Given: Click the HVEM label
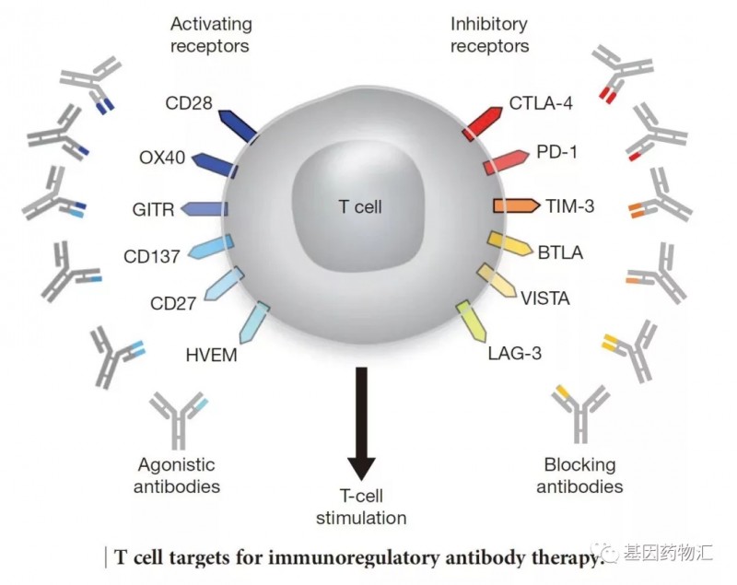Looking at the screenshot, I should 211,353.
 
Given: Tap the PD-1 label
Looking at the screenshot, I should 556,151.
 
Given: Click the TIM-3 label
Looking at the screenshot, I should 571,206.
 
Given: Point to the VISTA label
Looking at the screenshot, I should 544,298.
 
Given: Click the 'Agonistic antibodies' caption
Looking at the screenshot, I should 178,474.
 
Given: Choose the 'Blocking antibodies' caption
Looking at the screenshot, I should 579,475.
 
